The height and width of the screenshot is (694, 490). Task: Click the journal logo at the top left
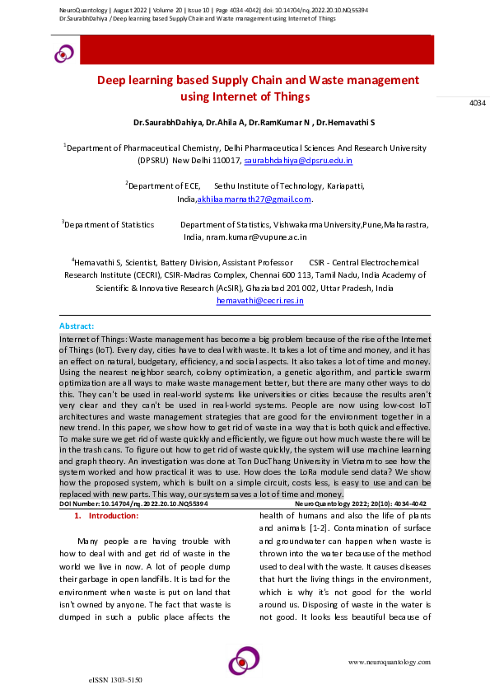(x=63, y=54)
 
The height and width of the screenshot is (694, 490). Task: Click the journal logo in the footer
(x=245, y=660)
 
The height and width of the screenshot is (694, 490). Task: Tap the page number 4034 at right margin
(x=478, y=103)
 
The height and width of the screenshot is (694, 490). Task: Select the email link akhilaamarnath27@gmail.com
(x=254, y=199)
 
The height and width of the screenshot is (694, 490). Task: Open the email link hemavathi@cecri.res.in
(x=260, y=302)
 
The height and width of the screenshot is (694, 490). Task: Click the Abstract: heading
(x=77, y=327)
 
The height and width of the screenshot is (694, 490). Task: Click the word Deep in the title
(x=114, y=81)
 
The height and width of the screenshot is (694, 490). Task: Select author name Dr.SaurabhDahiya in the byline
(x=167, y=122)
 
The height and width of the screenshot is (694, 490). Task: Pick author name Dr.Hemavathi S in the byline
(x=346, y=122)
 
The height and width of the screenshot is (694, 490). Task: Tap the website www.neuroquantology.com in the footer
(x=389, y=662)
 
